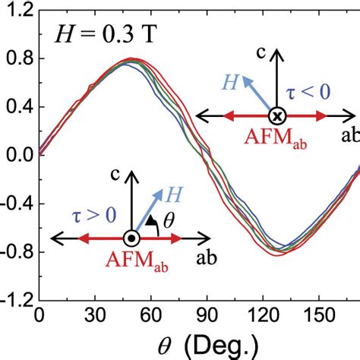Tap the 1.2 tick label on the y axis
(x=19, y=10)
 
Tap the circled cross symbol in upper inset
(x=278, y=115)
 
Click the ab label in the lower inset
(x=205, y=258)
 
